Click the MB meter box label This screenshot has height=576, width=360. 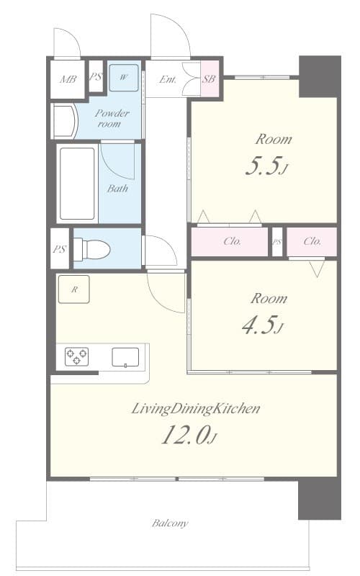(68, 79)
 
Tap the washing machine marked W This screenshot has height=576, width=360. (124, 78)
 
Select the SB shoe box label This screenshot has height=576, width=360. (210, 78)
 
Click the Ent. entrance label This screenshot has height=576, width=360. (168, 79)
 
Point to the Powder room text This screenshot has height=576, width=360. (112, 118)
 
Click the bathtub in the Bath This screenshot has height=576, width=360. (77, 184)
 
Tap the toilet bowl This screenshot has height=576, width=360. (92, 248)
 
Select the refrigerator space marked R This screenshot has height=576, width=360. (74, 289)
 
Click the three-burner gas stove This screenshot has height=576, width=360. (76, 356)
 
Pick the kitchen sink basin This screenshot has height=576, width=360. (125, 357)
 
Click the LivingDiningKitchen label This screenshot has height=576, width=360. (196, 408)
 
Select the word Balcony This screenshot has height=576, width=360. (170, 523)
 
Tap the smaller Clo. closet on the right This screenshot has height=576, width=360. (312, 242)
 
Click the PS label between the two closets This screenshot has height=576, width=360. (277, 242)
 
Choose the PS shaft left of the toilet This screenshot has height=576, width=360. (60, 248)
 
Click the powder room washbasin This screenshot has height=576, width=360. (65, 121)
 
